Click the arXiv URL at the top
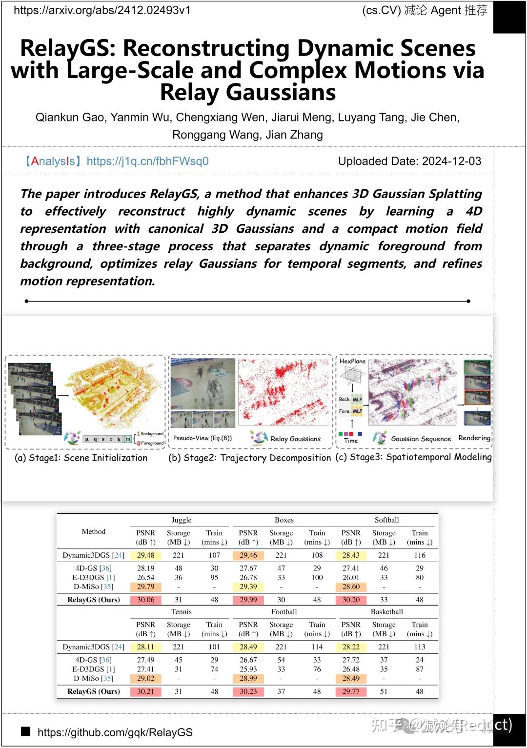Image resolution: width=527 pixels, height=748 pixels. [102, 10]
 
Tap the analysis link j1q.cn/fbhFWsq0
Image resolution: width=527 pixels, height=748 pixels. [147, 161]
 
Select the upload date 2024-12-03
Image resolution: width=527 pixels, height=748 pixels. [451, 161]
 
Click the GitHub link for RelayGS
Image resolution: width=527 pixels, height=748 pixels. [115, 732]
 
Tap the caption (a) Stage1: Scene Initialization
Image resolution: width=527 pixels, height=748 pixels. [81, 458]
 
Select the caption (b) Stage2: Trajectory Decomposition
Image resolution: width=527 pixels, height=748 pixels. [249, 458]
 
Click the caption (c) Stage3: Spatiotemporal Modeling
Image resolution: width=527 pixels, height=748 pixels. [414, 457]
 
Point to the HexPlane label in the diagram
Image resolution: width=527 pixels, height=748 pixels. [352, 361]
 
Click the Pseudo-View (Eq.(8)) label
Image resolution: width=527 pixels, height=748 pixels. [203, 438]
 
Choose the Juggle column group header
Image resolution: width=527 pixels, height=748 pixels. [182, 520]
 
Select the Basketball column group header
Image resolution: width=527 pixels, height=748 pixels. [387, 611]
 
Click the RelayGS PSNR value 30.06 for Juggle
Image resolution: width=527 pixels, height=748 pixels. [145, 600]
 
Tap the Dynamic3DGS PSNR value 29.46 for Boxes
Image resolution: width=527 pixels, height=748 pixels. [248, 555]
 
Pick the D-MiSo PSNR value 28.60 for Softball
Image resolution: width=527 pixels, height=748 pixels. [351, 586]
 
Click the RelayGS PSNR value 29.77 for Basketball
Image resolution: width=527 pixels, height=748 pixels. [351, 691]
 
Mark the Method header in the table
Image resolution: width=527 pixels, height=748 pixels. [94, 531]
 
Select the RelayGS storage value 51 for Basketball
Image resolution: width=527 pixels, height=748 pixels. [384, 691]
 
